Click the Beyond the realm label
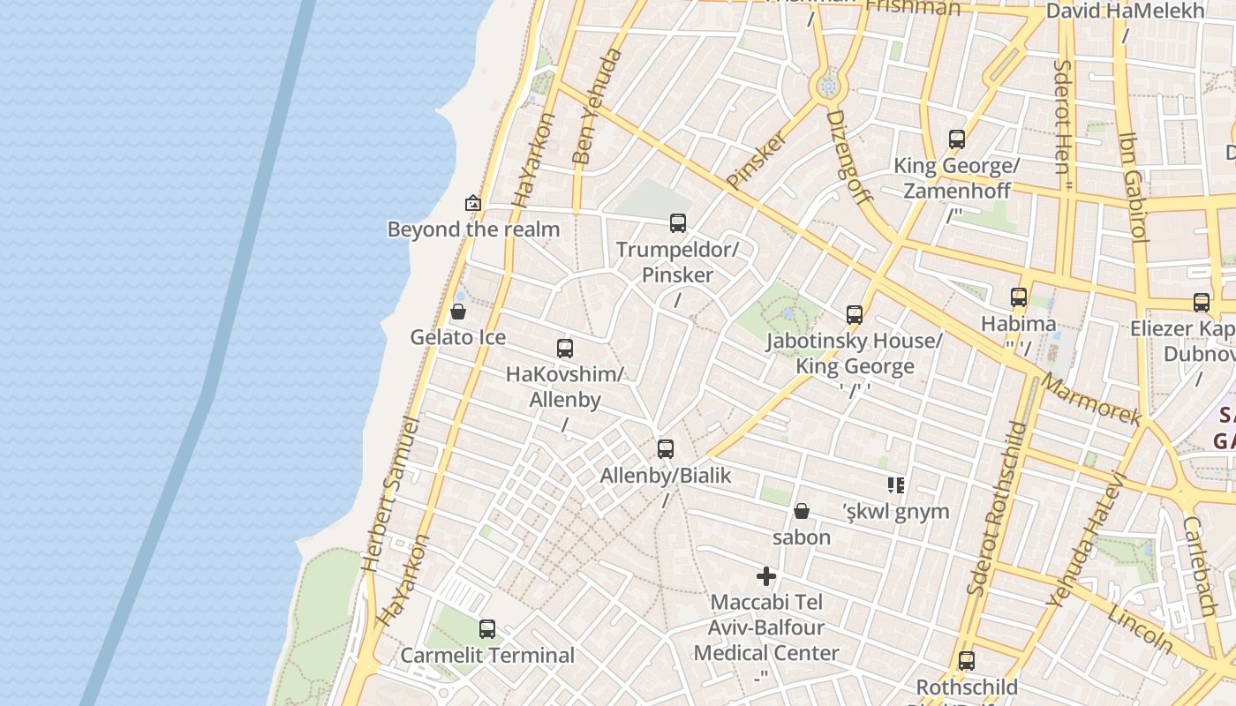point(473,229)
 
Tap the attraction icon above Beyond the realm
point(473,203)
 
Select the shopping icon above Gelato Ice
point(457,312)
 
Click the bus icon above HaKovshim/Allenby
point(565,349)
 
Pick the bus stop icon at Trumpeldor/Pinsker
point(677,223)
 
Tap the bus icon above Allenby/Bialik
point(666,449)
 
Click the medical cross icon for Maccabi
point(766,577)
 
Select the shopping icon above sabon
point(802,511)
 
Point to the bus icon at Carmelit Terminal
point(486,629)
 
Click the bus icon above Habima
point(1019,297)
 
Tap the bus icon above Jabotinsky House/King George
point(854,315)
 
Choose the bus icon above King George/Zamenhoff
point(957,139)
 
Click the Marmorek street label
point(1092,400)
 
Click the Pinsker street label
point(756,160)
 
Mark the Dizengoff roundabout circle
point(827,86)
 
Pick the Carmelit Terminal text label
point(487,656)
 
